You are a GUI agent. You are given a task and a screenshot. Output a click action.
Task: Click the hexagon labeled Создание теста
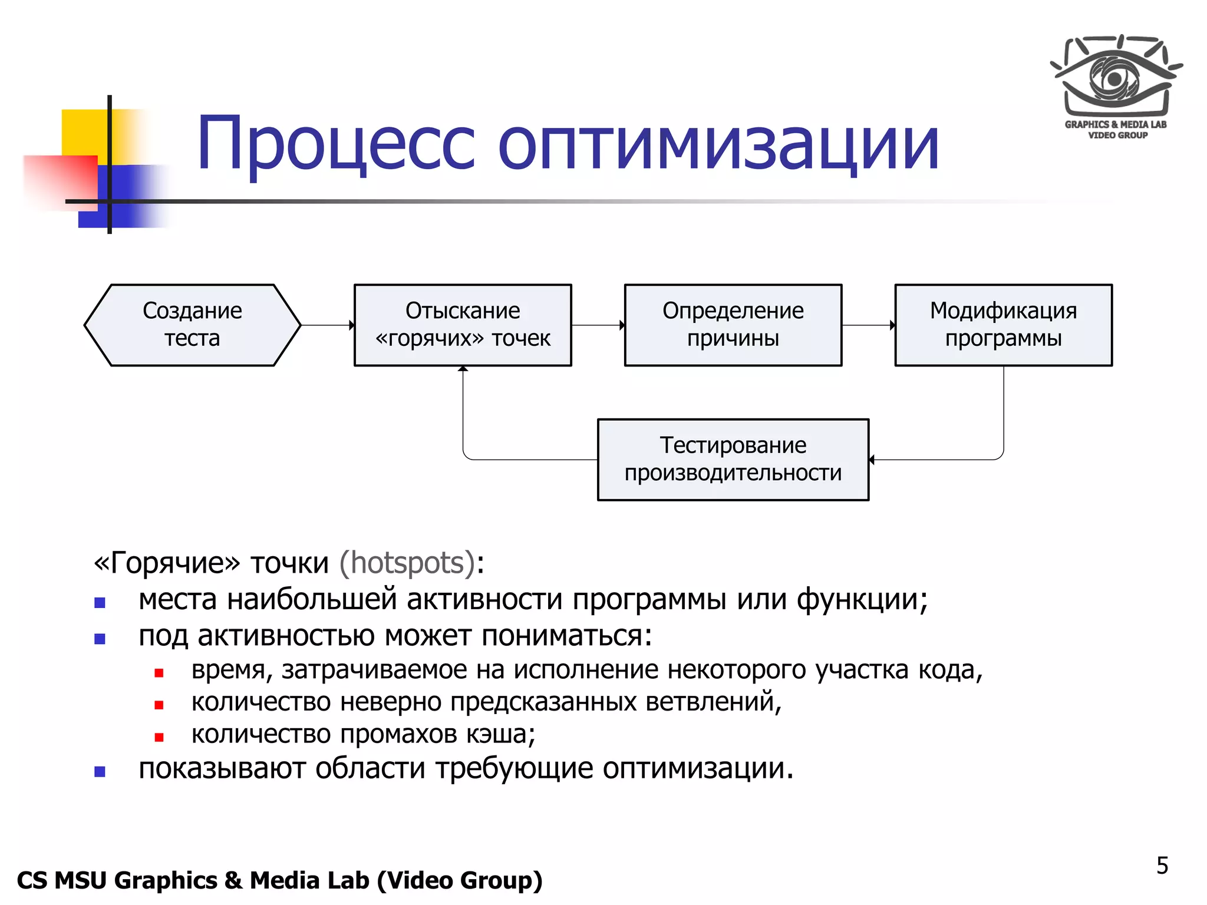pos(192,325)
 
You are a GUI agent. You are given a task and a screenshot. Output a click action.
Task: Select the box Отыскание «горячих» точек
pos(463,325)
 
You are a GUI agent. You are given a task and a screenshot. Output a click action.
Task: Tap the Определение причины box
pos(733,325)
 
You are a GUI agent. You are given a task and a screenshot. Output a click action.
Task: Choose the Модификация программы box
pos(1003,325)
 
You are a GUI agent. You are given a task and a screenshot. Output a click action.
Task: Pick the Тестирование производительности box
pos(733,460)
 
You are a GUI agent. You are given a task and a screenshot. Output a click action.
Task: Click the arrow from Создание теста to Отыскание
pos(327,325)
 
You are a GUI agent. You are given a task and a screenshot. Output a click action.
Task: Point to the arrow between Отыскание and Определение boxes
pos(598,325)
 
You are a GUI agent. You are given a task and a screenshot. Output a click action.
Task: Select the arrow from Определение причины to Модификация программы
pos(868,325)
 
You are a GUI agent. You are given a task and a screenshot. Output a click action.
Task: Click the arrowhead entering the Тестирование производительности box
pos(872,460)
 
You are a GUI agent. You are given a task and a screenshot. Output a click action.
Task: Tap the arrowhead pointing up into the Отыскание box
pos(463,369)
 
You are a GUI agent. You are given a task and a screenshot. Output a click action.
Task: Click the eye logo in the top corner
pos(1115,77)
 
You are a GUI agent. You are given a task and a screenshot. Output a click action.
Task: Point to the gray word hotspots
pos(407,563)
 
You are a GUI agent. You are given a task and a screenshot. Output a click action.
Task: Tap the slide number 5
pos(1162,866)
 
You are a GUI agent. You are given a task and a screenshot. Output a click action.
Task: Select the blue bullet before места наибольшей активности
pos(100,603)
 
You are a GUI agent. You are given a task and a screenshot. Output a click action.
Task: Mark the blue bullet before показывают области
pos(100,772)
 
